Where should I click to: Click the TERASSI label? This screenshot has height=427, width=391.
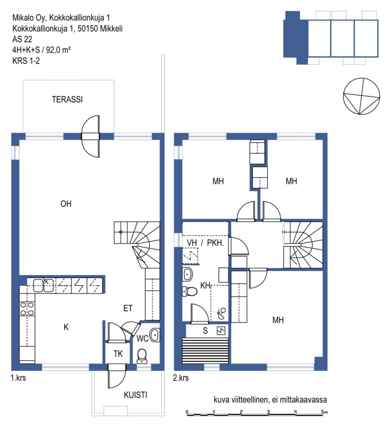click(67, 99)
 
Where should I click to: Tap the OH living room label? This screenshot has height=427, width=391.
click(66, 203)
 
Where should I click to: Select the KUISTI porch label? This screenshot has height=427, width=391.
click(135, 395)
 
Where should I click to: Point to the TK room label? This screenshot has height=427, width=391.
click(118, 354)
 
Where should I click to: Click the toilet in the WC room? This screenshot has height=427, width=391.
click(142, 356)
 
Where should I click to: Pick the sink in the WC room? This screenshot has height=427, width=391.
click(155, 335)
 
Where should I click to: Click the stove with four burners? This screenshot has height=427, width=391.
click(27, 309)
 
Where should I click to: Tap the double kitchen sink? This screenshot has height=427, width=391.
click(44, 285)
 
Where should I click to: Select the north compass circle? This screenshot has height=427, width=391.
click(361, 96)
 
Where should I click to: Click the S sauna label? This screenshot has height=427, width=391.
click(206, 331)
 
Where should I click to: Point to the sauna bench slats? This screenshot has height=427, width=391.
click(205, 350)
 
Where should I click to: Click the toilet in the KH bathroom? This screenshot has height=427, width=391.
click(190, 291)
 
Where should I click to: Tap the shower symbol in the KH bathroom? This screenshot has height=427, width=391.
click(222, 314)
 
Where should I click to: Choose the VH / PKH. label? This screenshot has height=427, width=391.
click(205, 243)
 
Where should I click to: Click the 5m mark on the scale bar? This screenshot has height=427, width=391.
click(324, 412)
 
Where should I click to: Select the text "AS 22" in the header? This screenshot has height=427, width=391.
click(22, 39)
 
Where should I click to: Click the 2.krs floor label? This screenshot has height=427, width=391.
click(180, 378)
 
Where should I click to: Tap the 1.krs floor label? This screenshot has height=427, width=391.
click(18, 378)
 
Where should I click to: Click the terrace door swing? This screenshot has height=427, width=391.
click(91, 136)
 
